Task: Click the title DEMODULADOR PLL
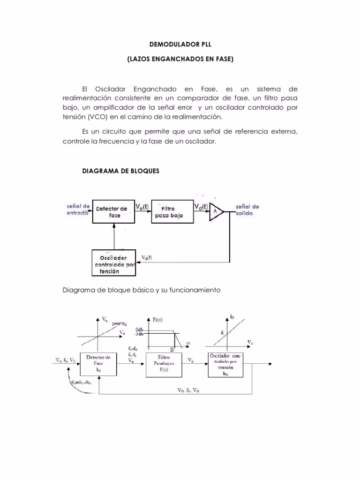pyautogui.click(x=180, y=45)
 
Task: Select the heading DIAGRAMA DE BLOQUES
pyautogui.click(x=121, y=171)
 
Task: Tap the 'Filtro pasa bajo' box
pyautogui.click(x=169, y=212)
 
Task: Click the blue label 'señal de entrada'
pyautogui.click(x=77, y=209)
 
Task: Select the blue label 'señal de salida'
pyautogui.click(x=247, y=210)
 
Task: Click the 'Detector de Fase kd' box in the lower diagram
pyautogui.click(x=98, y=363)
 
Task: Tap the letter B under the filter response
pyautogui.click(x=172, y=349)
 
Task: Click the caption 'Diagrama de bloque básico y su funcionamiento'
pyautogui.click(x=141, y=290)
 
